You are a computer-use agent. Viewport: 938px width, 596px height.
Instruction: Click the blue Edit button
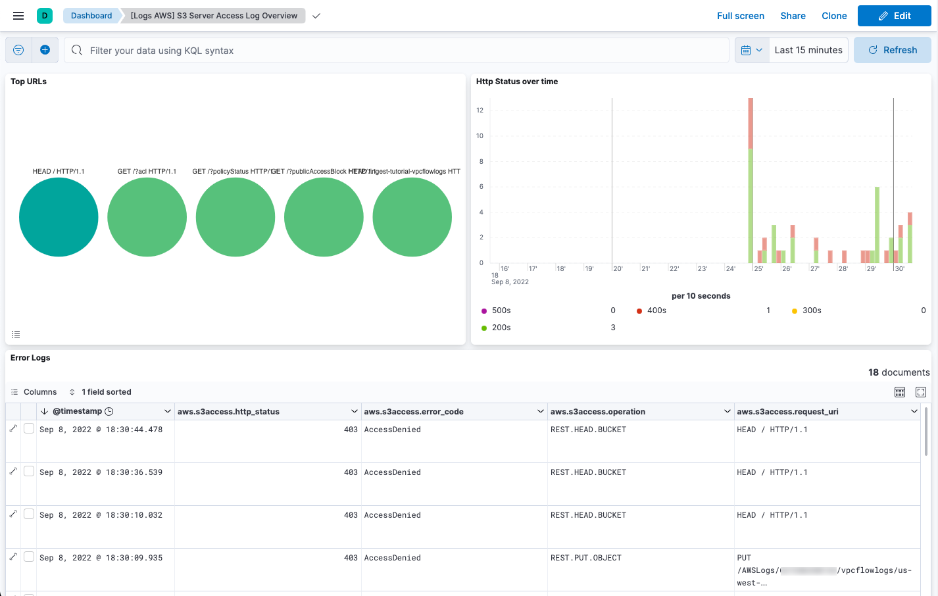[x=894, y=16]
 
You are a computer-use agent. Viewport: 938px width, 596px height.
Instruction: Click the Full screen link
[x=740, y=16]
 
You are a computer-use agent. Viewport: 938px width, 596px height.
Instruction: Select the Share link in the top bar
[x=793, y=16]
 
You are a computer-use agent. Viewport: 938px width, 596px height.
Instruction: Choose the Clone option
[x=834, y=16]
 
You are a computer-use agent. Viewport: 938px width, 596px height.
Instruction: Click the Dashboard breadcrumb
[x=91, y=16]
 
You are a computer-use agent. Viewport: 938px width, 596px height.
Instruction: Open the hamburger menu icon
[x=18, y=16]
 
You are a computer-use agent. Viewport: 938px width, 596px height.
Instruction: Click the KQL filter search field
[x=395, y=51]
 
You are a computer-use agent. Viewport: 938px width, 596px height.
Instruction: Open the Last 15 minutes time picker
[x=808, y=50]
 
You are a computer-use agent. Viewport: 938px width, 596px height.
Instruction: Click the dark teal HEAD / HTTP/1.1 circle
[x=59, y=217]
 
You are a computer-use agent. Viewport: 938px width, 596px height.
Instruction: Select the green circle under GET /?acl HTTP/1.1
[x=147, y=217]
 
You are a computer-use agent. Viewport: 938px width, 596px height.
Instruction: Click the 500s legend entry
[x=501, y=310]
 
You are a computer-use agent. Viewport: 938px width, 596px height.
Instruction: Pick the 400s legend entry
[x=656, y=310]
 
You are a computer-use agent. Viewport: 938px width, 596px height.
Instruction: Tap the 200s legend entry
[x=501, y=328]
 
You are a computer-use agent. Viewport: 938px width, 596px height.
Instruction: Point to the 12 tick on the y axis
[x=480, y=111]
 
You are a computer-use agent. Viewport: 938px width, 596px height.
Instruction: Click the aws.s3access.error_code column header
[x=414, y=412]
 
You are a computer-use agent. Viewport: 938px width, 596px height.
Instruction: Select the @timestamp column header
[x=78, y=411]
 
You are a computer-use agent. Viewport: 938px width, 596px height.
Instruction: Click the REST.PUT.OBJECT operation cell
[x=585, y=558]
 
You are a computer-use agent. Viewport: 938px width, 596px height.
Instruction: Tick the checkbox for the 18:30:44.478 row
[x=29, y=429]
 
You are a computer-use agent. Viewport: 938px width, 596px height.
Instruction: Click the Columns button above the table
[x=34, y=392]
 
